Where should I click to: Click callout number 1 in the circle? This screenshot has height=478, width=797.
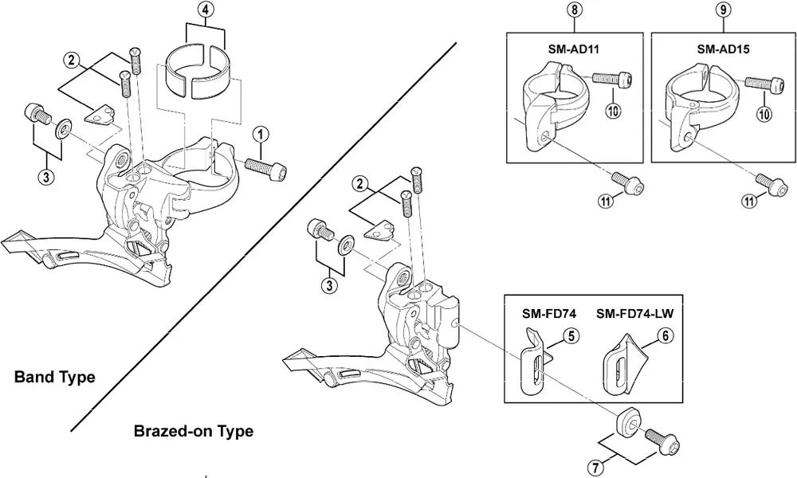[x=261, y=133]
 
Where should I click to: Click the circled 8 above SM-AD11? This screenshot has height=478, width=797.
[x=573, y=10]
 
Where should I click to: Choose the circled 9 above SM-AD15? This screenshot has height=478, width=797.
[x=722, y=10]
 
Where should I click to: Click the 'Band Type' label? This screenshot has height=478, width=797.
[x=54, y=377]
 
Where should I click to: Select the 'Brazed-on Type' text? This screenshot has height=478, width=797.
[x=194, y=431]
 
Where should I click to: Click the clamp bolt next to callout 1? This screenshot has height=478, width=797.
[x=266, y=168]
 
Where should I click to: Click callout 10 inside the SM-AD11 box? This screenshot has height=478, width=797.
[x=613, y=112]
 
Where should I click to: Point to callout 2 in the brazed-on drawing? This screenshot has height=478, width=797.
[x=361, y=184]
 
